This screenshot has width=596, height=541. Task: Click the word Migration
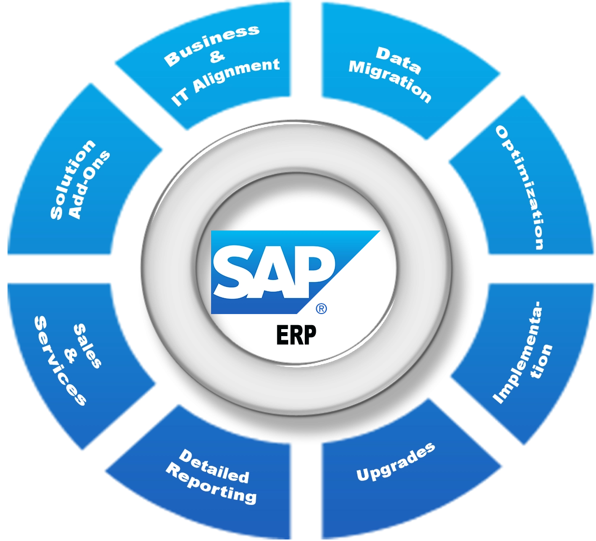[x=390, y=81]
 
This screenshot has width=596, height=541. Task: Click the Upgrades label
[x=395, y=462]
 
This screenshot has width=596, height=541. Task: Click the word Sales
[x=87, y=346]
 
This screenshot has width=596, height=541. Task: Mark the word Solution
[x=72, y=179]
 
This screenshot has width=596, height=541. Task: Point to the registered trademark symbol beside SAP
[x=321, y=309]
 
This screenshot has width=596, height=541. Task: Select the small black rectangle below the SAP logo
[x=296, y=335]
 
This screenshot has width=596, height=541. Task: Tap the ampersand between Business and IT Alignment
[x=217, y=57]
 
